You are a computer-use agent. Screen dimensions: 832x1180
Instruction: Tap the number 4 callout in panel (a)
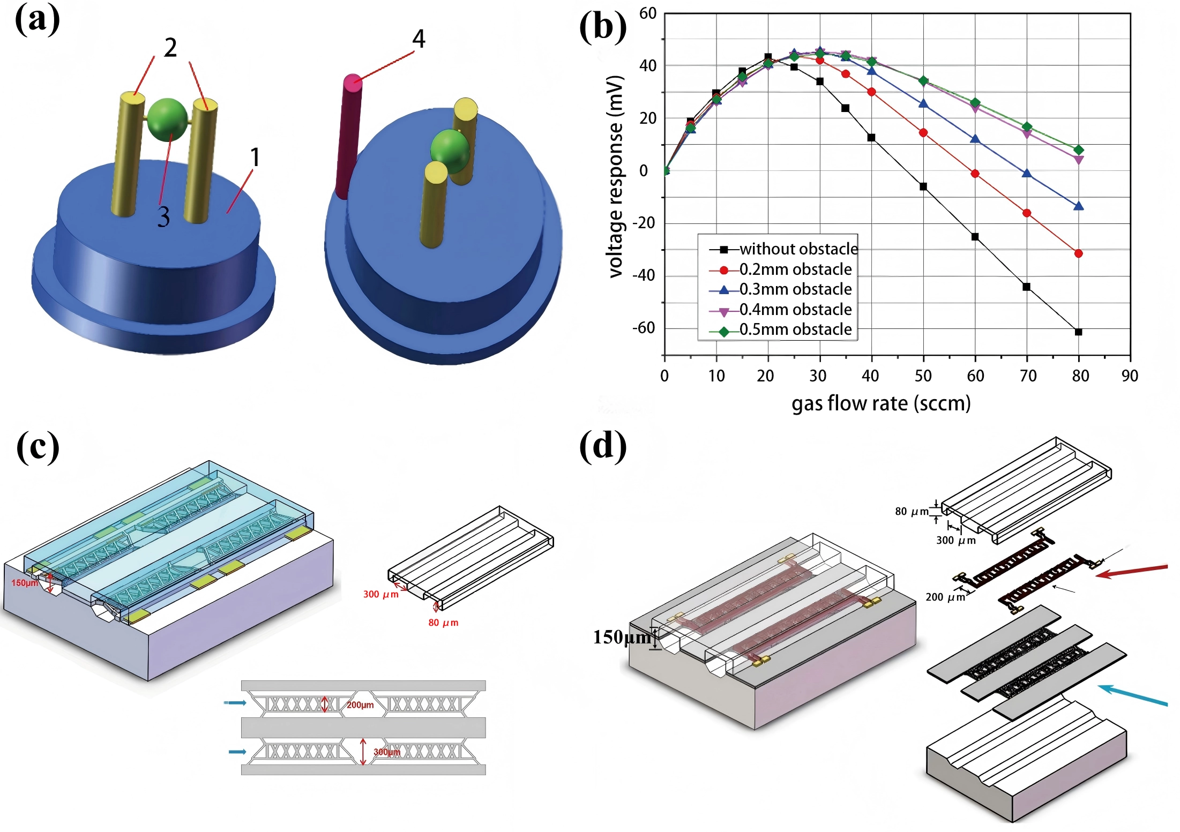click(x=419, y=39)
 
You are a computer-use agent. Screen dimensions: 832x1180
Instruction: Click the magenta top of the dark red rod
click(x=353, y=82)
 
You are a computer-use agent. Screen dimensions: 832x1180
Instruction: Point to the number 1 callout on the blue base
click(x=255, y=158)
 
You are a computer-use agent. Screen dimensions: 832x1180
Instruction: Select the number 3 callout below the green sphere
click(x=163, y=217)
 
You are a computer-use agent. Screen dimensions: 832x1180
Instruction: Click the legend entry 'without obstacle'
click(x=798, y=249)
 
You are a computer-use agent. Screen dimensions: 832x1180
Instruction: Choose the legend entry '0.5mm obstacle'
click(x=795, y=329)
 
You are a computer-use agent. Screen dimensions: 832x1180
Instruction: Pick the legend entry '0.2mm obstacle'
click(x=795, y=269)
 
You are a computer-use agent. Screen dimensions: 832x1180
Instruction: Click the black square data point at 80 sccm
click(x=1079, y=332)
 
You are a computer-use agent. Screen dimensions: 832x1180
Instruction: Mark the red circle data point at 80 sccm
click(x=1079, y=253)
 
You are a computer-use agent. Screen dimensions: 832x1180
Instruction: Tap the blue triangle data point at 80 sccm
click(x=1079, y=206)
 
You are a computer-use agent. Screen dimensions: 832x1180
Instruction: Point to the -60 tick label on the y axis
click(x=644, y=328)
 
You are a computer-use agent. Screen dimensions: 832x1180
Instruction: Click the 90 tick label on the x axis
click(x=1130, y=376)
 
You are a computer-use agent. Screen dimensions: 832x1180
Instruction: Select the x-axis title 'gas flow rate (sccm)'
click(x=881, y=403)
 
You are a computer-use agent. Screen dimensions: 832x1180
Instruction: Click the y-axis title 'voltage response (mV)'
click(x=616, y=177)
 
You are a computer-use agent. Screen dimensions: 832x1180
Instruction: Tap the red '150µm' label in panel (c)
click(x=25, y=583)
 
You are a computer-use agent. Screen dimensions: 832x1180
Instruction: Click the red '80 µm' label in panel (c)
click(x=443, y=623)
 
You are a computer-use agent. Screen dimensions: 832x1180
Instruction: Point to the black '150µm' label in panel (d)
click(x=622, y=637)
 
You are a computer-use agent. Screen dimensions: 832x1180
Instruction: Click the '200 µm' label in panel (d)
click(x=945, y=597)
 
